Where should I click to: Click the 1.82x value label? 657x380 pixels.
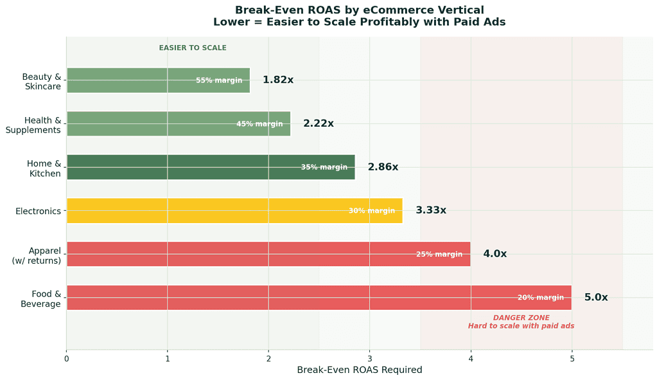click(277, 80)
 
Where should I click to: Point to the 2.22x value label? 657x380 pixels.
click(319, 123)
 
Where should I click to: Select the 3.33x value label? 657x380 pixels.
click(430, 210)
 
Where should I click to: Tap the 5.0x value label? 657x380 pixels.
click(595, 298)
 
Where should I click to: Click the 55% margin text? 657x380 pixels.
click(219, 81)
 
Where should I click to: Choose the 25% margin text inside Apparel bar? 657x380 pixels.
click(439, 255)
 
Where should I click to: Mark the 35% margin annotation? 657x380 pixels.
click(324, 167)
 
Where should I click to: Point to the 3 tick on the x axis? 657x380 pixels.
click(369, 357)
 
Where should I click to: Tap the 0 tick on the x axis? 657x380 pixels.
click(66, 357)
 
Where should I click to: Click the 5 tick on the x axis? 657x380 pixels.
click(572, 357)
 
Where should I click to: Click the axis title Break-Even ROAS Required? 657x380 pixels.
click(359, 370)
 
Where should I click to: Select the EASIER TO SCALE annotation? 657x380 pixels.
click(193, 48)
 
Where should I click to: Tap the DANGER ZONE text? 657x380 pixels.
click(521, 318)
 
